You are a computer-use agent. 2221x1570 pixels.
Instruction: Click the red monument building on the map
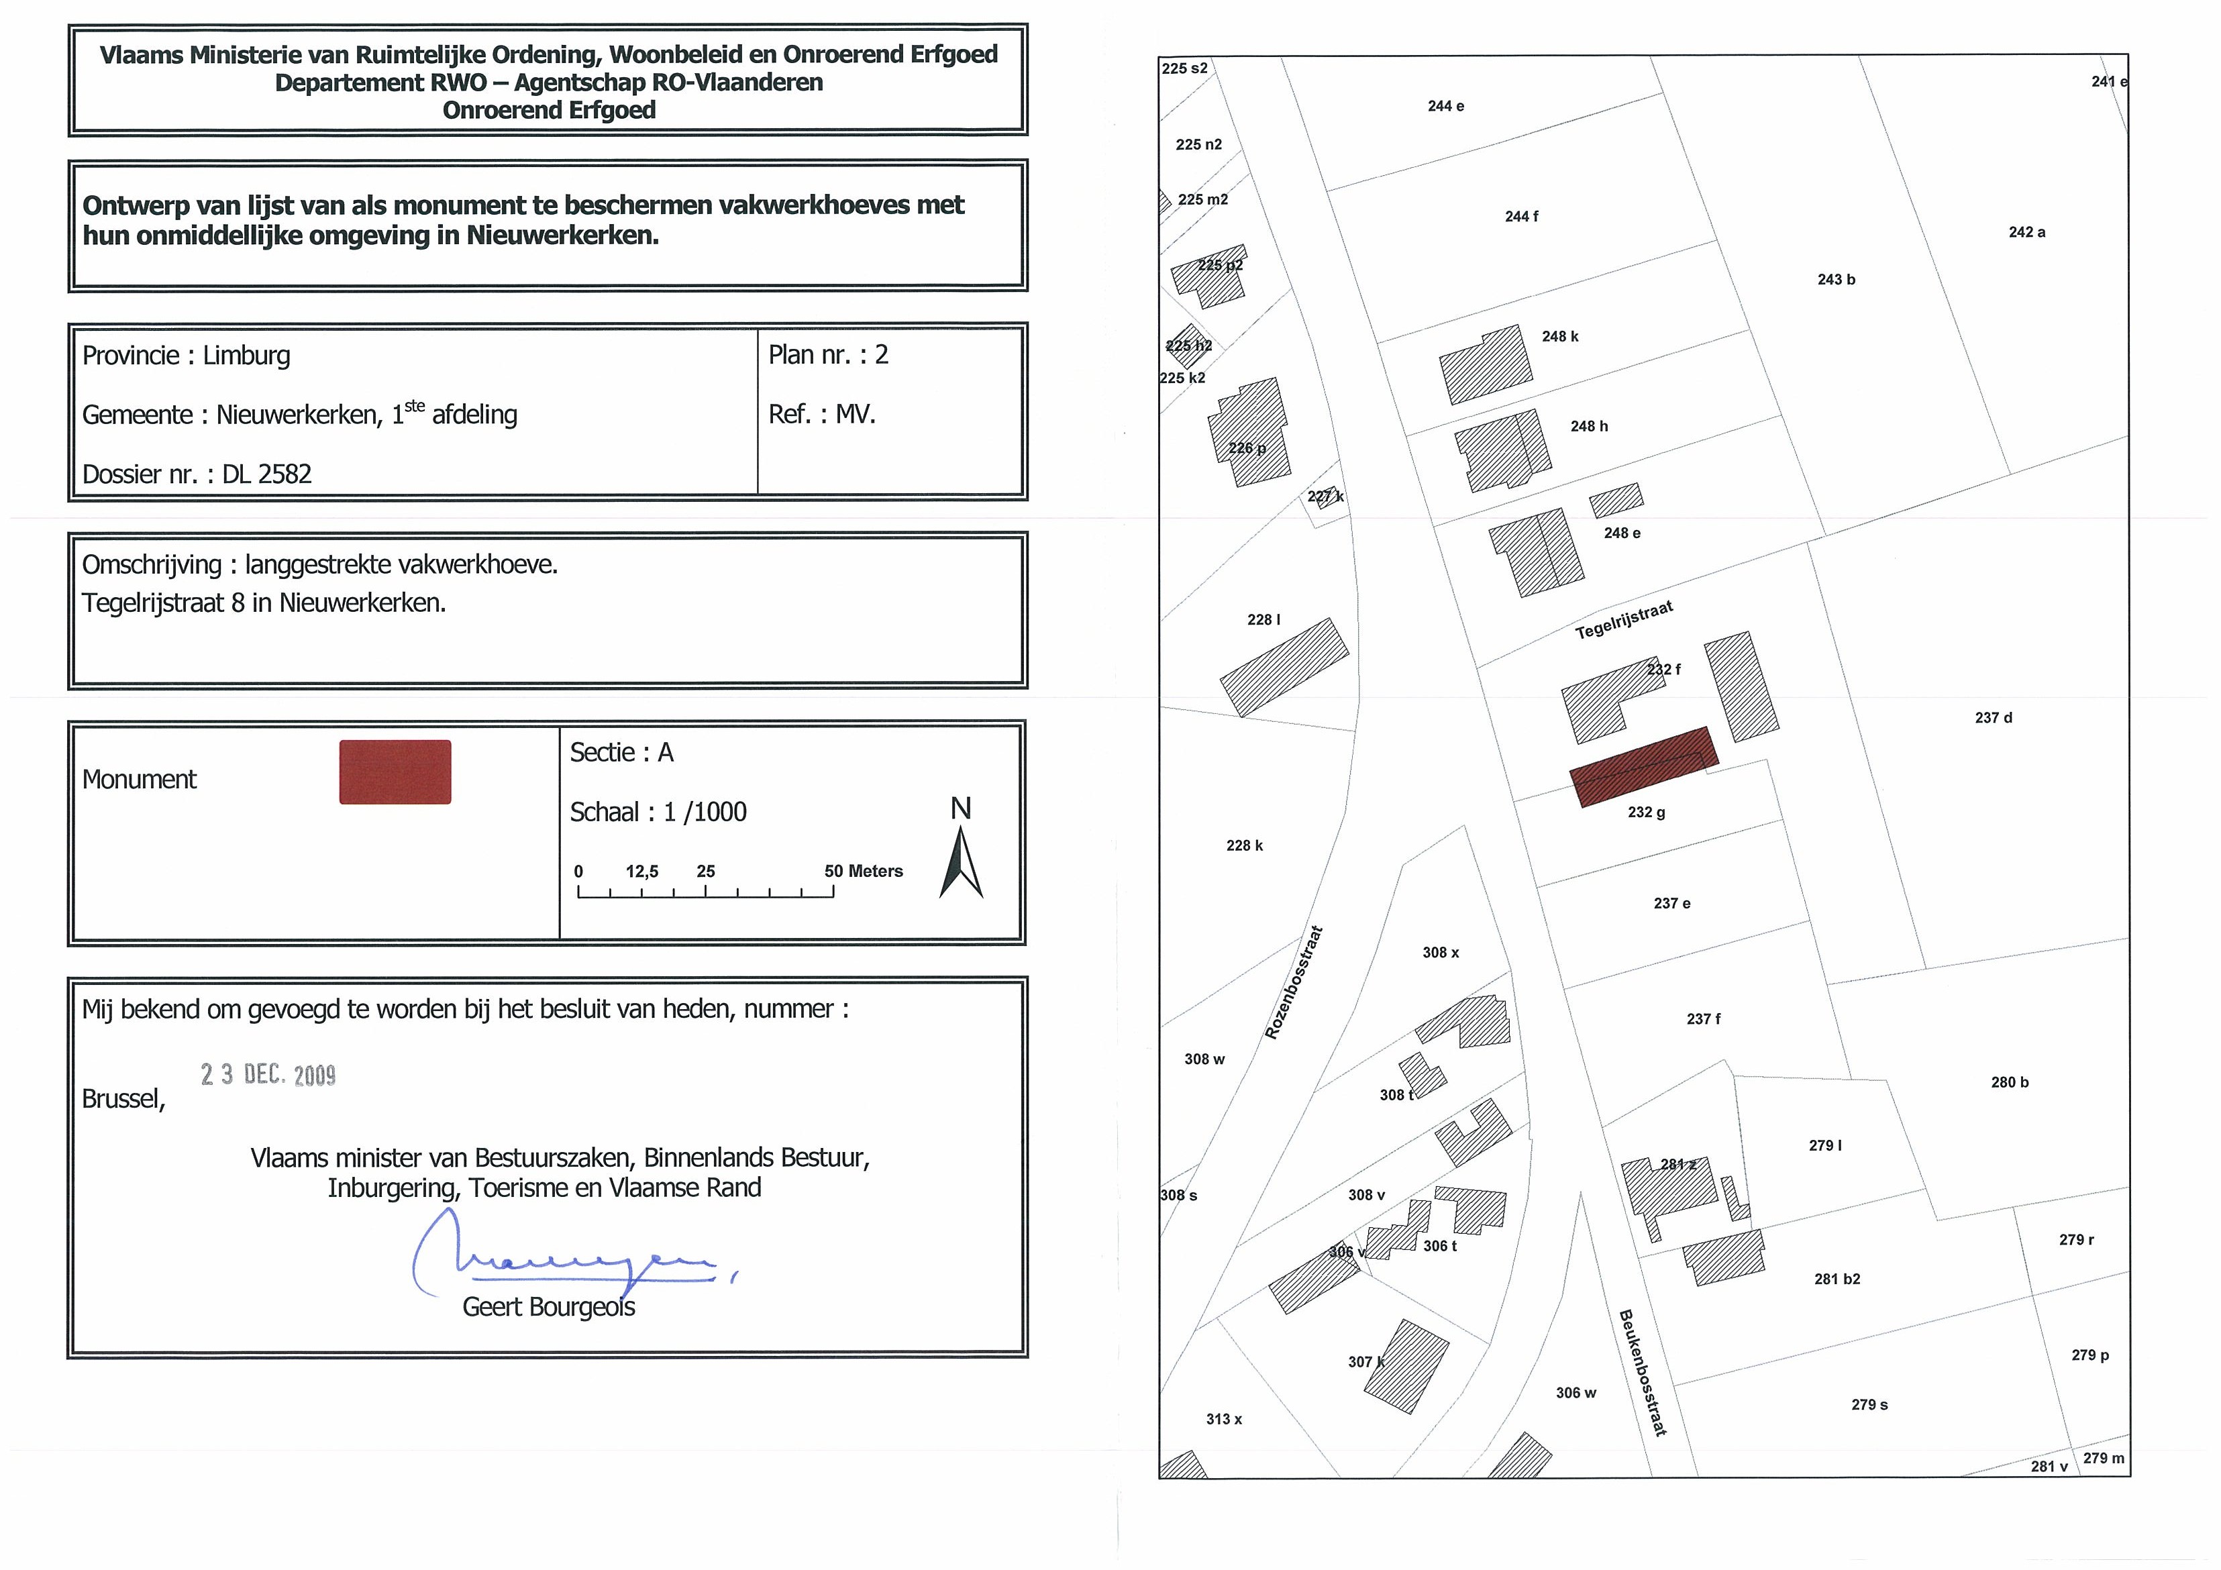(1643, 766)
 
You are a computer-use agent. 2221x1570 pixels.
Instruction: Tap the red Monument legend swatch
(395, 772)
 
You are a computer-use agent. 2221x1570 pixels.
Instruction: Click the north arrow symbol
(961, 863)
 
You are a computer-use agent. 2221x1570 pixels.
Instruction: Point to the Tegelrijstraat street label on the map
(1624, 620)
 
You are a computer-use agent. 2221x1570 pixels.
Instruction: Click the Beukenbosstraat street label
(1643, 1371)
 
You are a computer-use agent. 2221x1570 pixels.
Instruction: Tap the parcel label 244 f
(1522, 217)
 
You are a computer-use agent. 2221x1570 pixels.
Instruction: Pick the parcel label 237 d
(1994, 718)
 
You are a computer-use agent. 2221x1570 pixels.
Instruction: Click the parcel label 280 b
(2010, 1082)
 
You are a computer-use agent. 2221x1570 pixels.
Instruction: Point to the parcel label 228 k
(1245, 845)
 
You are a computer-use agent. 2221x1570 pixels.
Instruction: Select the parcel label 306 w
(1576, 1393)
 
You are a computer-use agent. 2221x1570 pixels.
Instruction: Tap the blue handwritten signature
(571, 1255)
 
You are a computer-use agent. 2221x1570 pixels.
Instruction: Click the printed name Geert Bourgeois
(548, 1307)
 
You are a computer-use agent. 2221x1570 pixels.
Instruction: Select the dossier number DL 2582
(267, 474)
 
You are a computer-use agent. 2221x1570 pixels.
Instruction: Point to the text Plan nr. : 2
(828, 355)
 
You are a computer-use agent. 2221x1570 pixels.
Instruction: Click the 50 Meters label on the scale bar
(863, 872)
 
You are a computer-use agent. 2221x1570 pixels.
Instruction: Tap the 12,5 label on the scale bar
(641, 872)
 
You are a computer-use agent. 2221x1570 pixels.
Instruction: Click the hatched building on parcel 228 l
(1284, 668)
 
